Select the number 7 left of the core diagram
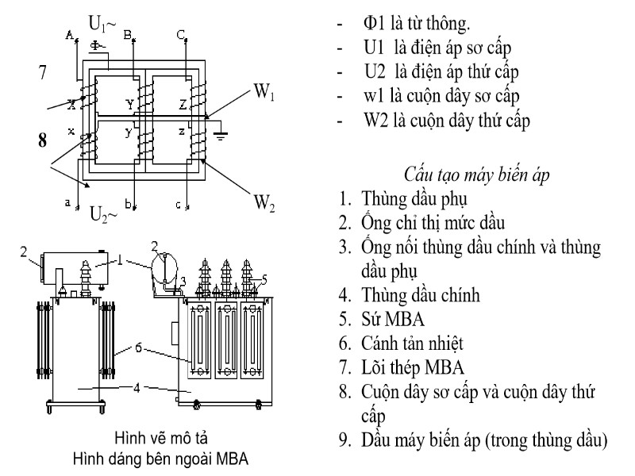[44, 74]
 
